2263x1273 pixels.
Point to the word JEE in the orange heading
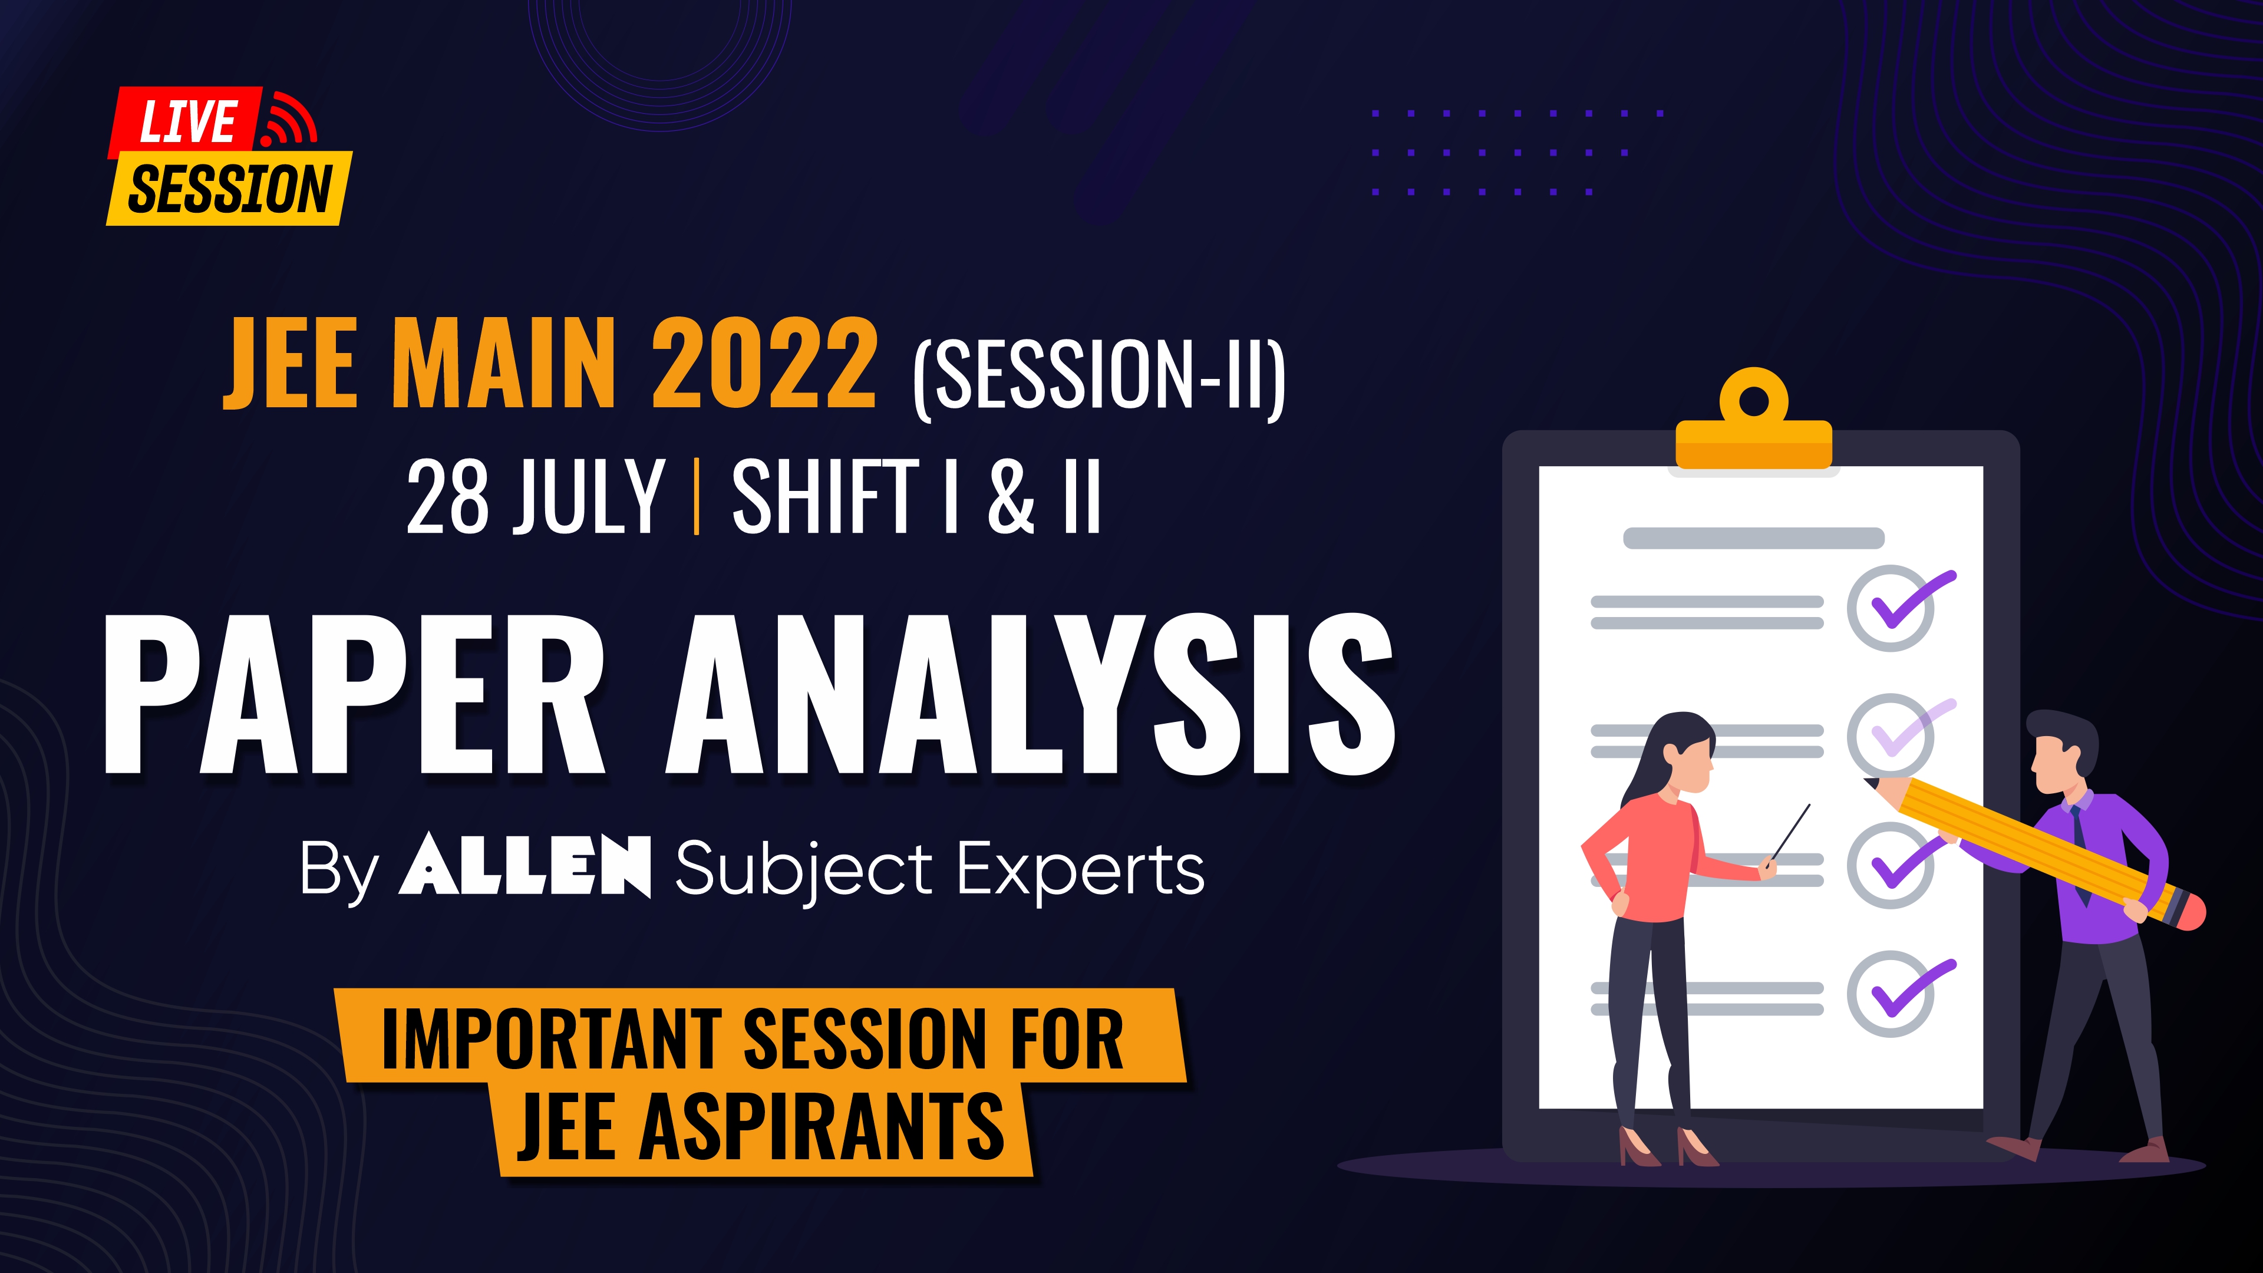click(x=290, y=363)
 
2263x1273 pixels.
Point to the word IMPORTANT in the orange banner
click(x=549, y=1038)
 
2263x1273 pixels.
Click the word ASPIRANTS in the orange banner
click(x=822, y=1126)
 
